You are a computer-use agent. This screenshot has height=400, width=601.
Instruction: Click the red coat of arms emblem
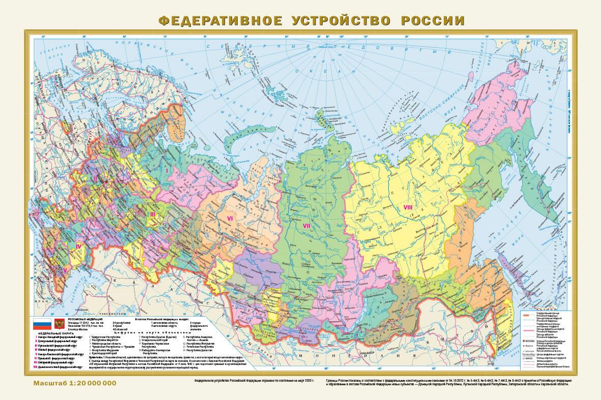[x=57, y=323]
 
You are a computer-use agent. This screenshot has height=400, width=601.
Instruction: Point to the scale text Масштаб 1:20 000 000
[x=75, y=383]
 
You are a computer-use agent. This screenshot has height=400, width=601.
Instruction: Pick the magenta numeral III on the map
[x=152, y=214]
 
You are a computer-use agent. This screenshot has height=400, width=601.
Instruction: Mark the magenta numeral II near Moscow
[x=94, y=178]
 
